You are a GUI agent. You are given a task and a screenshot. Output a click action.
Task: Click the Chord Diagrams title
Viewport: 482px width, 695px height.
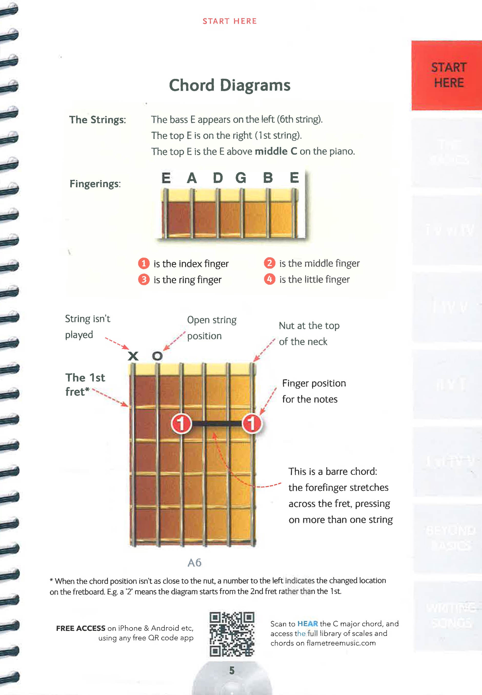(x=229, y=85)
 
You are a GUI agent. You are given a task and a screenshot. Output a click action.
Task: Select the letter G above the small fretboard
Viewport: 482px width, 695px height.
(x=241, y=178)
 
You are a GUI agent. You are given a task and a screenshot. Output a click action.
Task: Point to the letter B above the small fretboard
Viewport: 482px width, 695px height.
(x=268, y=178)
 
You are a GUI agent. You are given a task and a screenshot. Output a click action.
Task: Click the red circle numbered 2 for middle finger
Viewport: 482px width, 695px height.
(x=269, y=263)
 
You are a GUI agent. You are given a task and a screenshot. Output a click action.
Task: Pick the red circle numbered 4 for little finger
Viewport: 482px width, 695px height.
(x=269, y=279)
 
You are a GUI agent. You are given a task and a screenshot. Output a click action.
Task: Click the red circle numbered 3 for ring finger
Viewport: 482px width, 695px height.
(x=144, y=279)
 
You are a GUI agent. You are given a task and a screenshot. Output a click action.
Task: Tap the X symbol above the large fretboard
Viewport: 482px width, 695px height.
(x=133, y=356)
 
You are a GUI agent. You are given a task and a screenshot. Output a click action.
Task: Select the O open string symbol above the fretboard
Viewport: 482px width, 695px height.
(x=157, y=356)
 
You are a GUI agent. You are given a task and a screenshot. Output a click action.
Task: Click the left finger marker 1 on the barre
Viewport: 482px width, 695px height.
(x=181, y=424)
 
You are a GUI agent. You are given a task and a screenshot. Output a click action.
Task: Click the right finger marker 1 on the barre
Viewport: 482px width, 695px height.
(x=252, y=424)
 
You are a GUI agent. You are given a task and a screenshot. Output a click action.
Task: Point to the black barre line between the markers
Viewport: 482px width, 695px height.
(x=217, y=424)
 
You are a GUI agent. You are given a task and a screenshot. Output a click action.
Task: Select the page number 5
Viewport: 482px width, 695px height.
(x=232, y=670)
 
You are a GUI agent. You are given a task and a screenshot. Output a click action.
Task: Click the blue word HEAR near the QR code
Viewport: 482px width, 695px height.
(x=307, y=624)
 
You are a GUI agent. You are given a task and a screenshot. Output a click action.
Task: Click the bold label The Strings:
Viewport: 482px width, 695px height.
(x=97, y=120)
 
